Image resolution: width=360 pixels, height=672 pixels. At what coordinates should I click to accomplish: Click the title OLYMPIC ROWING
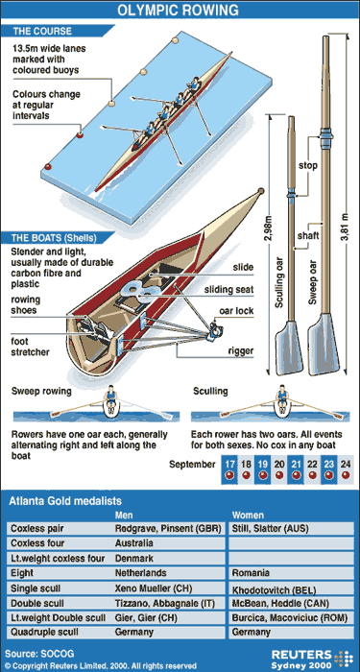[180, 12]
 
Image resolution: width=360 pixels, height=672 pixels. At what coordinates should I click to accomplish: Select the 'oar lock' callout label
[239, 309]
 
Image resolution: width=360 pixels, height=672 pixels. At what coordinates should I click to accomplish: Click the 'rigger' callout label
[239, 350]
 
